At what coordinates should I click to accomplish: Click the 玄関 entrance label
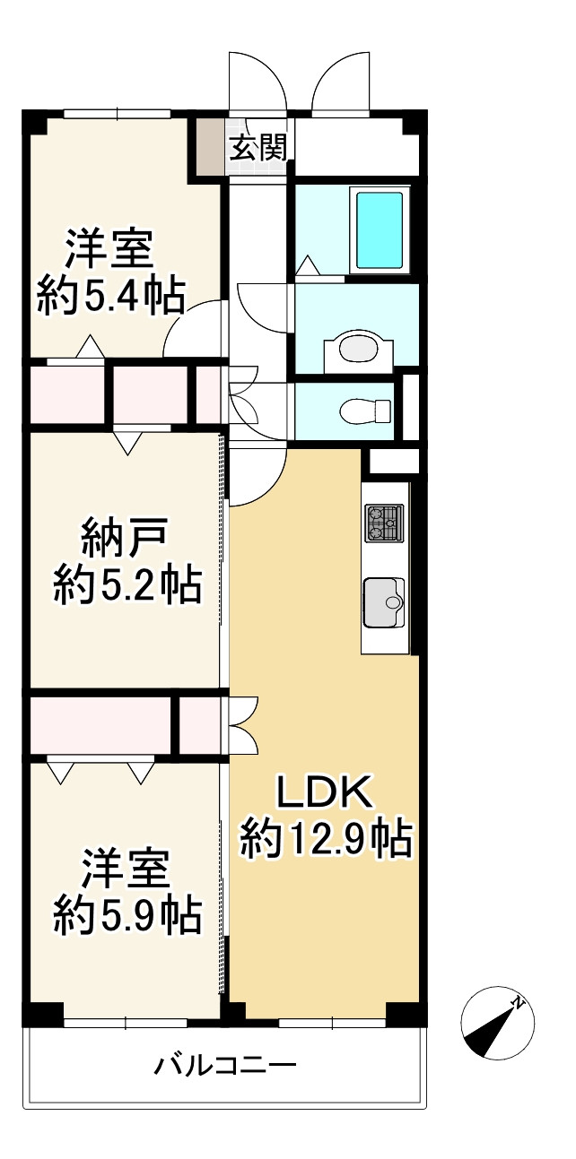(x=258, y=148)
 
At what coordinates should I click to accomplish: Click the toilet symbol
(x=366, y=411)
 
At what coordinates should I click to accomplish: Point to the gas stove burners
(x=384, y=523)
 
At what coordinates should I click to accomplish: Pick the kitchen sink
(x=384, y=602)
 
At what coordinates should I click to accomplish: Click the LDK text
(x=324, y=792)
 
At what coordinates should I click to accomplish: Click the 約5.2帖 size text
(x=127, y=585)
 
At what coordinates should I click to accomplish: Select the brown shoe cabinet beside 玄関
(x=210, y=148)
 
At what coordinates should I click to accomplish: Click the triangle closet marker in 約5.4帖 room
(x=91, y=346)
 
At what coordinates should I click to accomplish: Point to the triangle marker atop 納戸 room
(x=127, y=444)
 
